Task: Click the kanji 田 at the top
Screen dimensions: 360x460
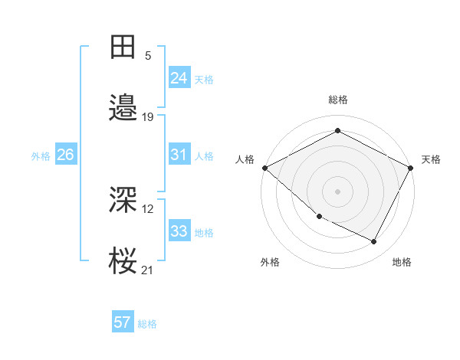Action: pyautogui.click(x=123, y=47)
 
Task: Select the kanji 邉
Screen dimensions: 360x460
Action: pyautogui.click(x=123, y=110)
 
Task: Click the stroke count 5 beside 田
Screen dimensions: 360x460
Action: pyautogui.click(x=148, y=55)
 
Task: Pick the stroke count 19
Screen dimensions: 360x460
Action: pyautogui.click(x=148, y=117)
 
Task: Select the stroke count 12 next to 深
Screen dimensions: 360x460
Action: pyautogui.click(x=149, y=208)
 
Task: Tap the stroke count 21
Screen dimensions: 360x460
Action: pyautogui.click(x=148, y=270)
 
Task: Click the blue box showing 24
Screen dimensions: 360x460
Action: pyautogui.click(x=179, y=77)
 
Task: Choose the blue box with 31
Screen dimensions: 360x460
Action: pyautogui.click(x=179, y=155)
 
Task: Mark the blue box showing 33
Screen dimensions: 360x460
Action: pyautogui.click(x=179, y=231)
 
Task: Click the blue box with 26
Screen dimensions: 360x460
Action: pyautogui.click(x=65, y=155)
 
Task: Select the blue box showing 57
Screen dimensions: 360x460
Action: pyautogui.click(x=123, y=322)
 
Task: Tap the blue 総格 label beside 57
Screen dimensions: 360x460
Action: pyautogui.click(x=147, y=324)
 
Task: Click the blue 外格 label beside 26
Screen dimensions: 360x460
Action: pyautogui.click(x=41, y=156)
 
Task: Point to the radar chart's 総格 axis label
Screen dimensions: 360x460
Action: pyautogui.click(x=338, y=100)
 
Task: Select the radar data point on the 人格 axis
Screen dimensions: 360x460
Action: pyautogui.click(x=264, y=168)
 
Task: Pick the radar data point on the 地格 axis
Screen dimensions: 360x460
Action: pyautogui.click(x=374, y=242)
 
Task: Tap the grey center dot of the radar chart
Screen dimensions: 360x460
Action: pyautogui.click(x=338, y=191)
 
